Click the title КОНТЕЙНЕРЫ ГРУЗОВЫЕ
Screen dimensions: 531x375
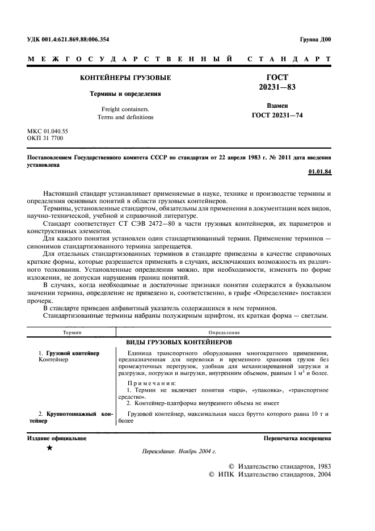click(x=125, y=78)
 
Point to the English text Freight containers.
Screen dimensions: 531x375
click(x=125, y=109)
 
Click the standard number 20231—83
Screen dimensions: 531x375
click(x=277, y=87)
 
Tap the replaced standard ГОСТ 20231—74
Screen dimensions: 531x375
click(x=277, y=114)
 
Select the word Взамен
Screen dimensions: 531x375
click(x=277, y=106)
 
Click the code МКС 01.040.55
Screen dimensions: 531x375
click(x=48, y=131)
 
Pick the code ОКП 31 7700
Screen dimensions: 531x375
click(x=45, y=138)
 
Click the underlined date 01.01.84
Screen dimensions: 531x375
click(x=319, y=171)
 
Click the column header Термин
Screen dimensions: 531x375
click(x=72, y=332)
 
